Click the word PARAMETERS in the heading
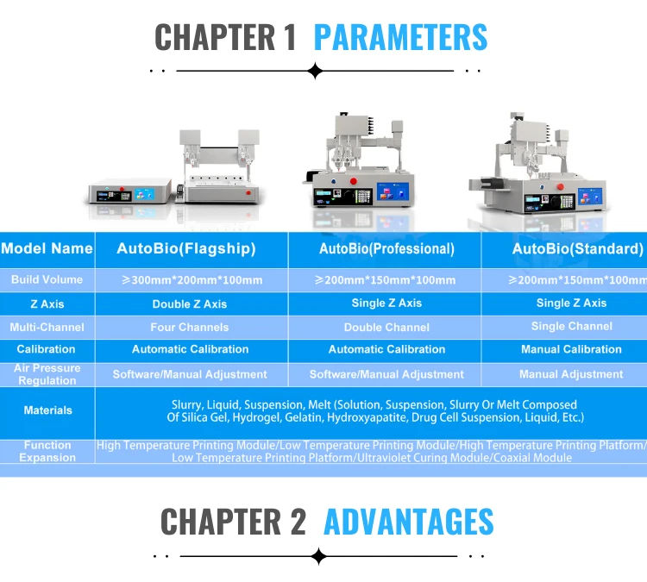400,37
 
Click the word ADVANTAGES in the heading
408,522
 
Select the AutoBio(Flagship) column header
186,249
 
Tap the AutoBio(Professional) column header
386,249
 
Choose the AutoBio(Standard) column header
577,249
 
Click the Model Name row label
47,248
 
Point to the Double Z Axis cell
190,304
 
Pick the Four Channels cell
190,327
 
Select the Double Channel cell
386,327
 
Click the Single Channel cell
572,326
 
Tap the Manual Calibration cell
571,349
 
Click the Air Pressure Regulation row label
47,374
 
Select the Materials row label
47,410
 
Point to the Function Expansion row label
47,451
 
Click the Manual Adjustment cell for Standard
571,374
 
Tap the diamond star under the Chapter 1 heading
315,71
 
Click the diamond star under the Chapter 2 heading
318,556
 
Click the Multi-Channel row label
47,327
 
